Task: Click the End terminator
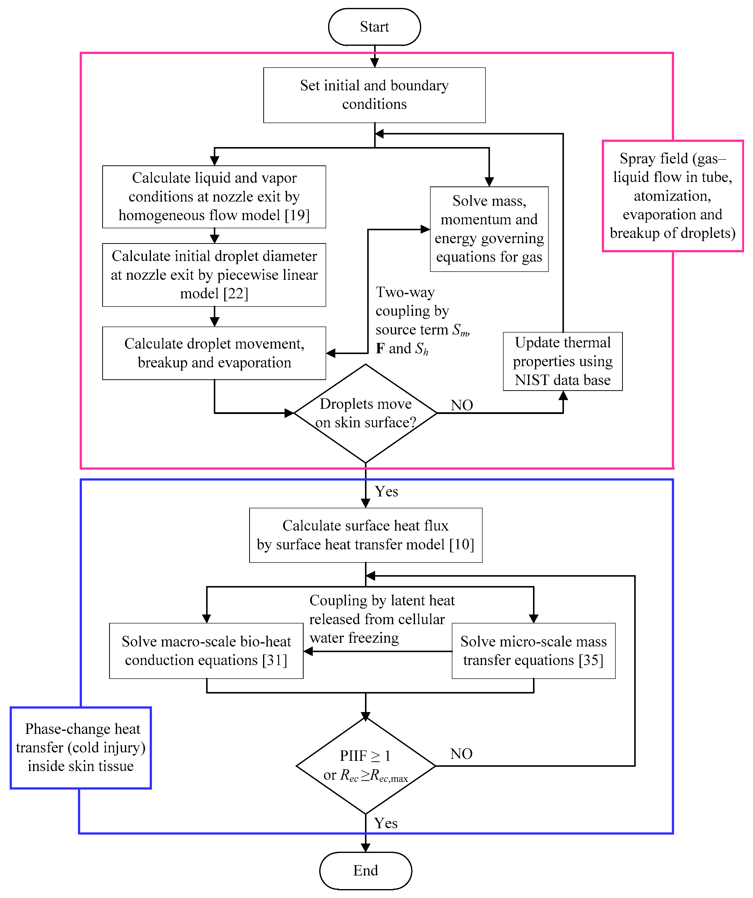click(x=365, y=870)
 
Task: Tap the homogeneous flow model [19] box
click(x=214, y=197)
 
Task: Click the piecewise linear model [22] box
click(x=214, y=275)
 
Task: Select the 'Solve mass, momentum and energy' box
click(x=489, y=229)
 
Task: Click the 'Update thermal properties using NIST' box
click(x=562, y=361)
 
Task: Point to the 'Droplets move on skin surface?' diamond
click(x=365, y=413)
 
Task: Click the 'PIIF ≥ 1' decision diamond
click(x=365, y=766)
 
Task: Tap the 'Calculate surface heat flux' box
click(x=365, y=535)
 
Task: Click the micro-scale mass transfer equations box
click(x=533, y=650)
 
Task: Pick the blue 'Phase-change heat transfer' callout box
click(x=81, y=747)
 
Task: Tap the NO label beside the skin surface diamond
click(x=462, y=405)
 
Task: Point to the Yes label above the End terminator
click(x=386, y=823)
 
